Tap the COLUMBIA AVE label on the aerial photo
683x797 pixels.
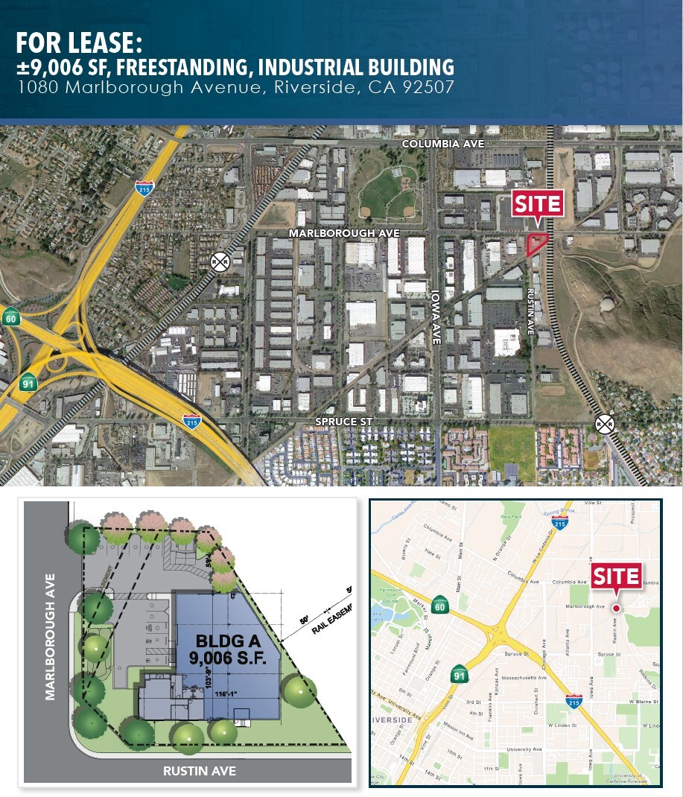tap(442, 143)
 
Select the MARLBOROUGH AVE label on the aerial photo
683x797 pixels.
tap(345, 233)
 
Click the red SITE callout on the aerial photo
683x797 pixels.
tap(536, 203)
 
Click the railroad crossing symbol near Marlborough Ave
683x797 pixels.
tap(220, 261)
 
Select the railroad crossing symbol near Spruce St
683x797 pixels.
tap(605, 423)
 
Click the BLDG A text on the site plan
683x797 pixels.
tap(223, 641)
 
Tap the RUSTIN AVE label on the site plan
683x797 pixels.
tap(200, 771)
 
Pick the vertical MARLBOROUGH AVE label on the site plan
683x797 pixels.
tap(51, 636)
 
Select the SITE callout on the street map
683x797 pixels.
tap(616, 576)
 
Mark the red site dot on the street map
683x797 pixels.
tap(616, 608)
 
